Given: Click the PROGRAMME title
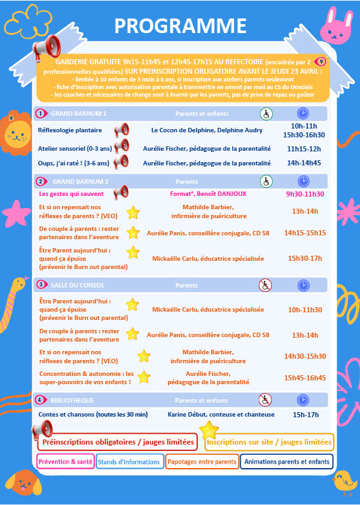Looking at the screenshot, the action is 180,25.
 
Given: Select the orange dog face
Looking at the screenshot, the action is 24,481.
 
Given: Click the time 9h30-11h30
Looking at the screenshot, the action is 305,194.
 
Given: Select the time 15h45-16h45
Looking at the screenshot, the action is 305,378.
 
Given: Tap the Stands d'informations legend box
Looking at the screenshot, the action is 129,462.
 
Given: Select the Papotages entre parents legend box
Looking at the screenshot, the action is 202,462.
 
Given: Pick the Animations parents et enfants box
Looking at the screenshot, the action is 287,462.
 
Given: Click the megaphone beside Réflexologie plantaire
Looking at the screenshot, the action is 120,130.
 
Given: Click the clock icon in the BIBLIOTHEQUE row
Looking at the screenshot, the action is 303,400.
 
